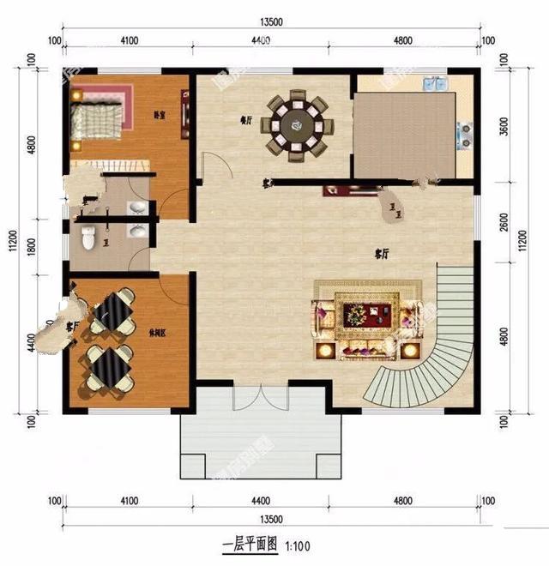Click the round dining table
pos(296,124)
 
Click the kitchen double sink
pos(435,84)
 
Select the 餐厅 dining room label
pos(246,121)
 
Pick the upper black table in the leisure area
pos(114,311)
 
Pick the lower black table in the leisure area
pos(108,366)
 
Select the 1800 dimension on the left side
pos(32,246)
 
